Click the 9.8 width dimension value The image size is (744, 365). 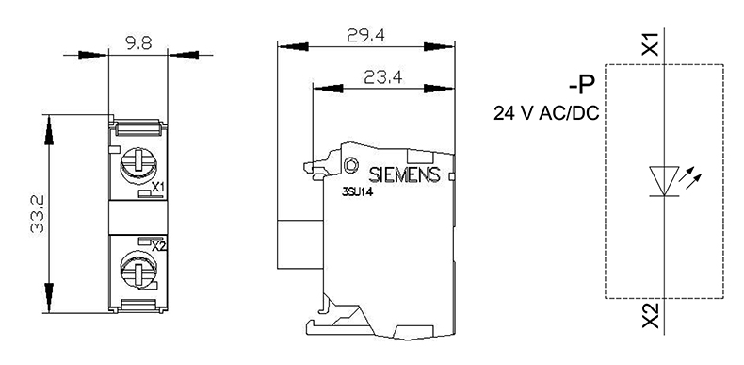[138, 44]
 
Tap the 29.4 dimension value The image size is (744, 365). [365, 35]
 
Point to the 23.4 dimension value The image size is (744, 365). [383, 76]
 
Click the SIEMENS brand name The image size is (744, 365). [405, 175]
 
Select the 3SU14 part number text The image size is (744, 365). [358, 193]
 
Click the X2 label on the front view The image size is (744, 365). [159, 247]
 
